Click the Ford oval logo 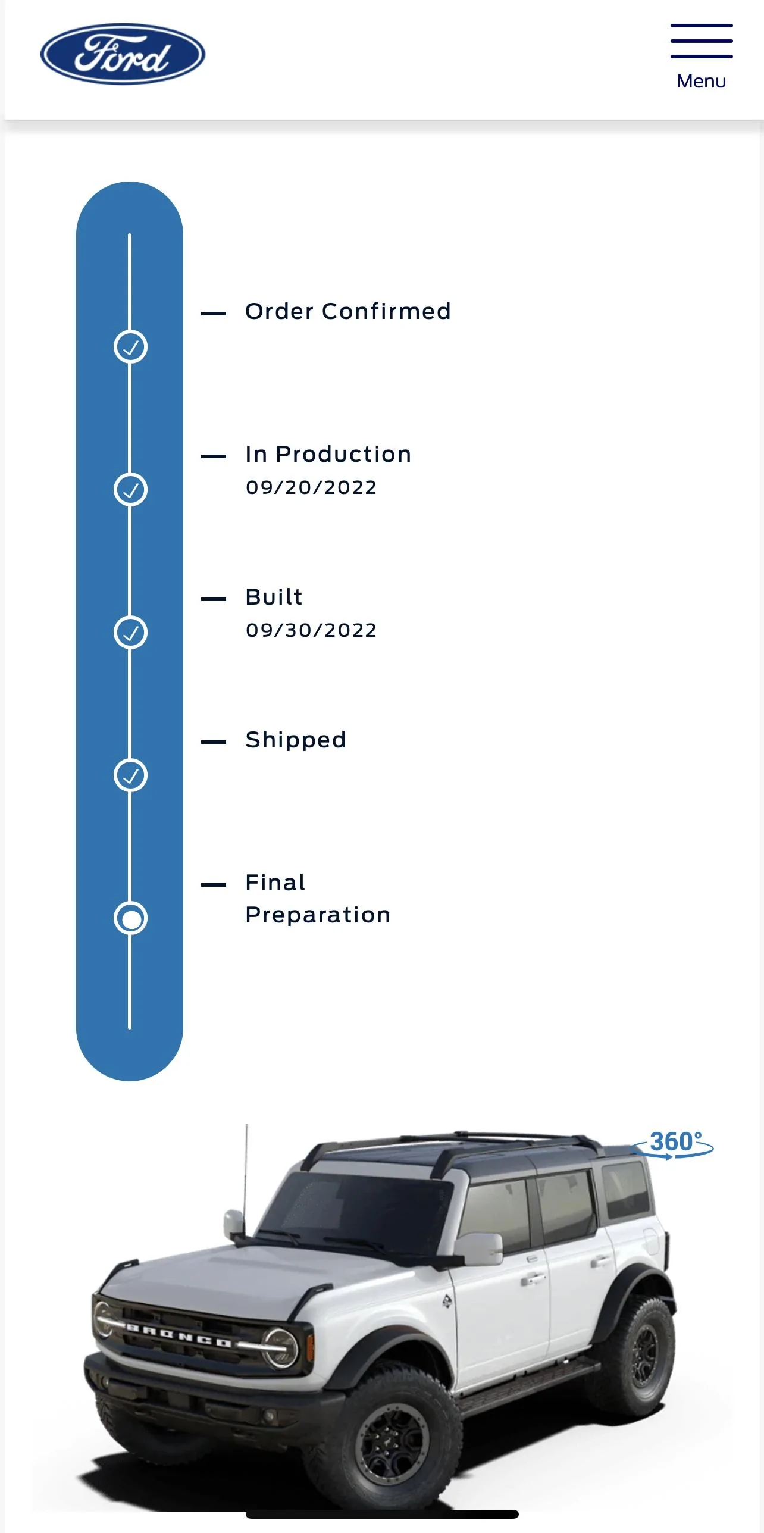pos(123,54)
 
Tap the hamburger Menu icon pos(702,41)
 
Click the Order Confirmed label pos(348,311)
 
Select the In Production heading pos(328,454)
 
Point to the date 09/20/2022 pos(311,487)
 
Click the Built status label pos(274,597)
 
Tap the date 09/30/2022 pos(311,630)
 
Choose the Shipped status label pos(296,740)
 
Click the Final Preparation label pos(318,899)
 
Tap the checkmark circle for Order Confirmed pos(130,347)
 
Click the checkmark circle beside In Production pos(130,490)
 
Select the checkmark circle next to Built pos(130,632)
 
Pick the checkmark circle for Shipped pos(130,775)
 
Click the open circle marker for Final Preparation pos(130,918)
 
